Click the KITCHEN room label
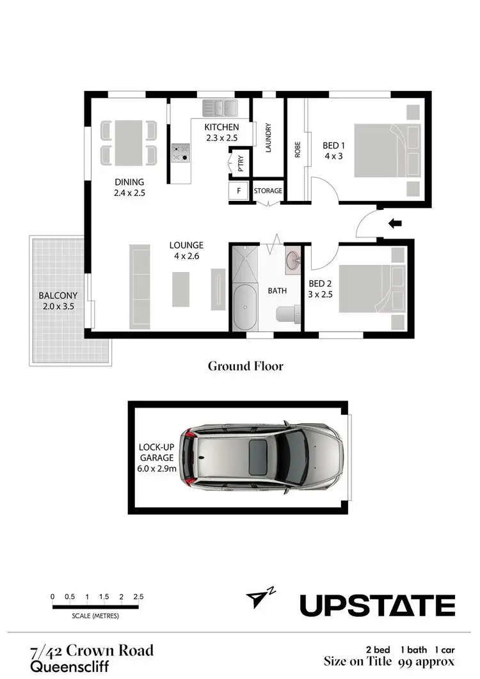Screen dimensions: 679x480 [221, 127]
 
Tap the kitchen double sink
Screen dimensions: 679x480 [220, 107]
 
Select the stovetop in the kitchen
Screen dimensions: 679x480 [180, 152]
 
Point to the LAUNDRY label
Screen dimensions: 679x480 [269, 138]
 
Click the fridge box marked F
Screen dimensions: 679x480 [239, 191]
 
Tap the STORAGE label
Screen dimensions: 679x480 [268, 191]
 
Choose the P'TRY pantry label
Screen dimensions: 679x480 [241, 163]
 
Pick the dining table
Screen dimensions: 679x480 [129, 142]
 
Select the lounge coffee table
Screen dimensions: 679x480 [181, 289]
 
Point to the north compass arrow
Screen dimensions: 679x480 [257, 598]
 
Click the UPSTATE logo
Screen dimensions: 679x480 [378, 605]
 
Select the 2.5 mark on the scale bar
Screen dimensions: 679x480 [138, 596]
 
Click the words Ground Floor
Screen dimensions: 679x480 [245, 366]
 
